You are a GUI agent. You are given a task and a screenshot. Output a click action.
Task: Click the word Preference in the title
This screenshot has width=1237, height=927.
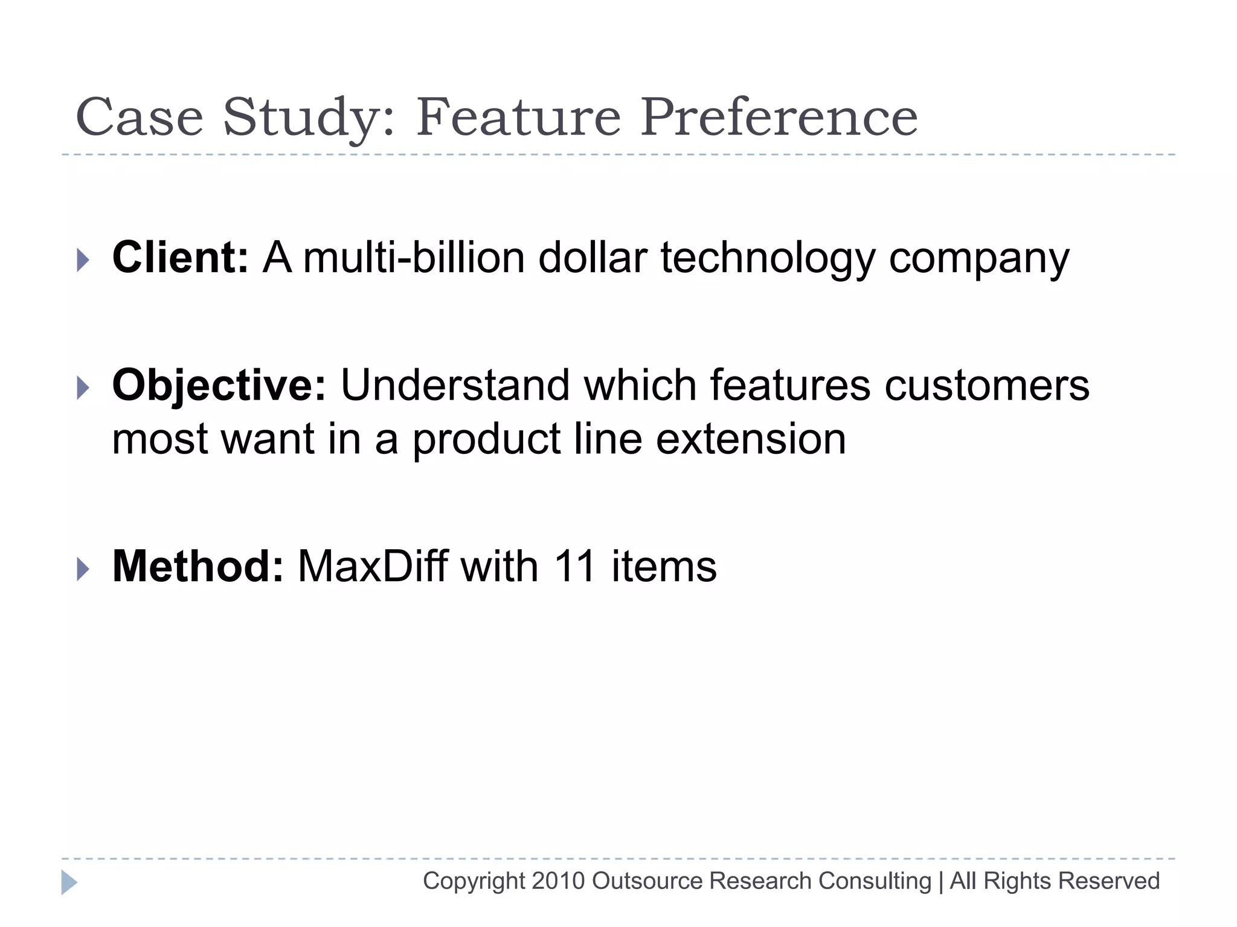(779, 117)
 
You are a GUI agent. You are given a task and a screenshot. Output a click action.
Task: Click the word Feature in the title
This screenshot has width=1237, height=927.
(518, 117)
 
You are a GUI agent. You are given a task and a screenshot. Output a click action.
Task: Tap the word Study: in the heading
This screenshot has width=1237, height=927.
(309, 118)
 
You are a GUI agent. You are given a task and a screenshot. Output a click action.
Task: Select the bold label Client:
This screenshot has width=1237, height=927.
(180, 258)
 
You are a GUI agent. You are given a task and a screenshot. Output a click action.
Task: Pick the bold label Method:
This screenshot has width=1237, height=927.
(198, 567)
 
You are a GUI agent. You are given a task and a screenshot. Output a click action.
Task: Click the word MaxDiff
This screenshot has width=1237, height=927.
(373, 567)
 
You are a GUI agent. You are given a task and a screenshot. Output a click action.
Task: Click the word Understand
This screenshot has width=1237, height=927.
(455, 385)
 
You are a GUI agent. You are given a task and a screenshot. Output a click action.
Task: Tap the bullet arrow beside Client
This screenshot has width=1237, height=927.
(83, 260)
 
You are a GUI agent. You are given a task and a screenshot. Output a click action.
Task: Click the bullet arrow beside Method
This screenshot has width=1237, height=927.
(83, 569)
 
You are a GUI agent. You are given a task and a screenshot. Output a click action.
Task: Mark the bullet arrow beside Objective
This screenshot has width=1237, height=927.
(83, 388)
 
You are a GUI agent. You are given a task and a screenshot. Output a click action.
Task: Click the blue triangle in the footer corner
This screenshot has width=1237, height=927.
(69, 882)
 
